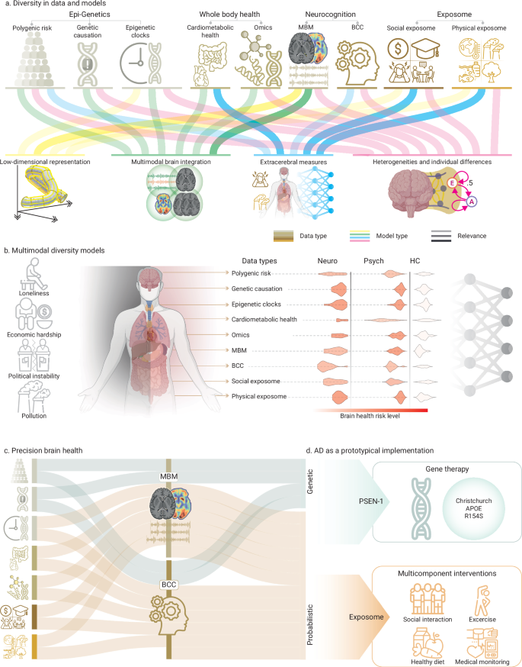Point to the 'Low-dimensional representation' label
[46, 162]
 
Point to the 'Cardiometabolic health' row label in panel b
[264, 319]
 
